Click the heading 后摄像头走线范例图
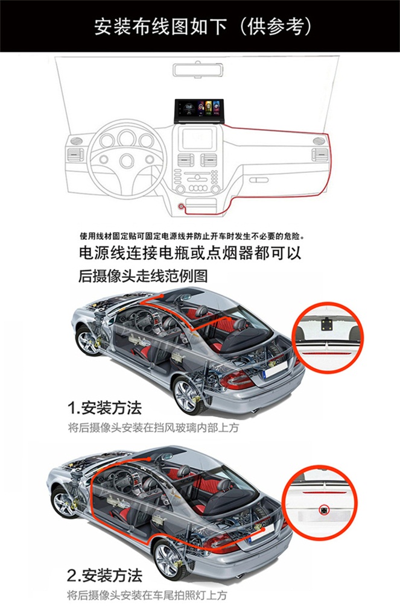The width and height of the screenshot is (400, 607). pyautogui.click(x=143, y=276)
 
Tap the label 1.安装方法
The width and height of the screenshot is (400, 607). pyautogui.click(x=104, y=407)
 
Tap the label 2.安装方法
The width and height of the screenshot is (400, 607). pyautogui.click(x=104, y=576)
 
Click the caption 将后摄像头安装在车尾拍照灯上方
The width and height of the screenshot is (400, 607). pyautogui.click(x=147, y=596)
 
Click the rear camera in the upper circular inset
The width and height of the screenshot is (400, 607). pyautogui.click(x=325, y=322)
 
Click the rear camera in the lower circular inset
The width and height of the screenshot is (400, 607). pyautogui.click(x=323, y=511)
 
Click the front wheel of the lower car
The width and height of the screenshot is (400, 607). pyautogui.click(x=63, y=503)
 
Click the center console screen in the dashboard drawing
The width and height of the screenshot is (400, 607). pyautogui.click(x=198, y=139)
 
